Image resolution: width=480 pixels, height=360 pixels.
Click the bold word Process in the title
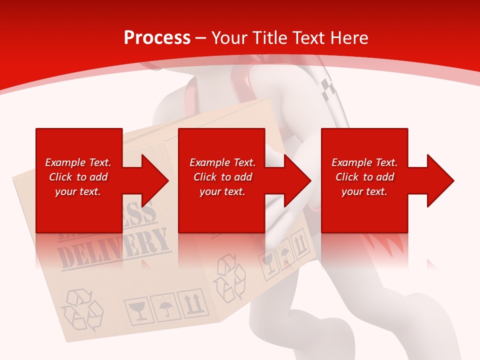point(157,37)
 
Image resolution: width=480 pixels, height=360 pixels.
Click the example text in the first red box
point(78,177)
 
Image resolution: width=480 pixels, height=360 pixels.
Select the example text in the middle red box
point(222,177)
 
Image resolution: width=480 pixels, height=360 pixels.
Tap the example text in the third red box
point(364,177)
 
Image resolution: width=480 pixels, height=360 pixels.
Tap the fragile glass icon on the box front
point(136,311)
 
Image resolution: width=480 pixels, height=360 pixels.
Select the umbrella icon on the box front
point(164,307)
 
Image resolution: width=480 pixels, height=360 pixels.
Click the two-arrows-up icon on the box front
point(193,302)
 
